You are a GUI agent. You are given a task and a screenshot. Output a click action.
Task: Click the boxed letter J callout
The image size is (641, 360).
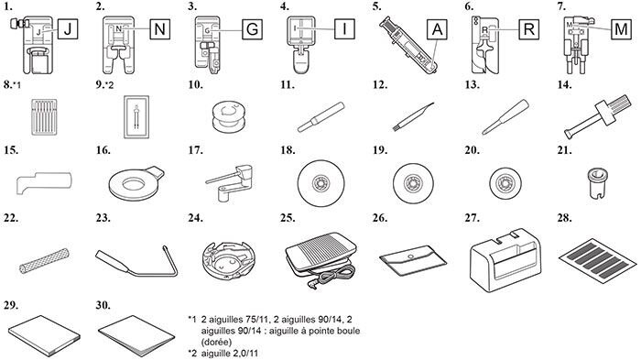click(x=68, y=29)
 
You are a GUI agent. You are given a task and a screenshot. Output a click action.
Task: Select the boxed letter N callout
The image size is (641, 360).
click(x=160, y=29)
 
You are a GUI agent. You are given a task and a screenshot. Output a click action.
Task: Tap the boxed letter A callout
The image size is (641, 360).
click(x=438, y=29)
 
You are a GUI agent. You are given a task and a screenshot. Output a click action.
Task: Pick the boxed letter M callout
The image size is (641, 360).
click(x=622, y=29)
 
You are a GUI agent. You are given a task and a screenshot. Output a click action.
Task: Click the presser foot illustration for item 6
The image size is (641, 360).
click(x=484, y=45)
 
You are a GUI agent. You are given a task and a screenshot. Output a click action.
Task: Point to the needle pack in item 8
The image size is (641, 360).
click(x=44, y=116)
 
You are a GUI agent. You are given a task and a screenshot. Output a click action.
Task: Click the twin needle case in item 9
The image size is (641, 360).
click(x=136, y=117)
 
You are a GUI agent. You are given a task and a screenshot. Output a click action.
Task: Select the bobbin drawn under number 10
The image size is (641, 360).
click(x=229, y=117)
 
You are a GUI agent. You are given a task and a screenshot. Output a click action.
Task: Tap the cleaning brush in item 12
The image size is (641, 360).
click(x=413, y=116)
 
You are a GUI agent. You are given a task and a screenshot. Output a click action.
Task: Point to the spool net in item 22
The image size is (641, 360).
click(x=44, y=260)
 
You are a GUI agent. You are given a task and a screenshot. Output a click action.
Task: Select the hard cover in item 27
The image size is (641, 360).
click(x=505, y=260)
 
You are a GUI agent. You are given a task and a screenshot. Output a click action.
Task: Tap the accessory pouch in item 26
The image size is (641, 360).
click(x=413, y=260)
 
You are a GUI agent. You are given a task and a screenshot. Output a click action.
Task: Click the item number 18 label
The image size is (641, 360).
click(x=288, y=150)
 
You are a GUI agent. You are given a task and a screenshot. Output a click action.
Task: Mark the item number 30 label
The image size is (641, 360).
click(x=103, y=305)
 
